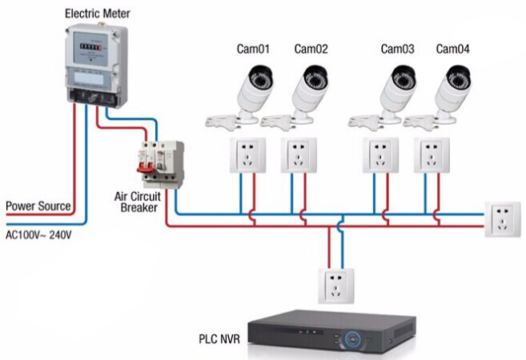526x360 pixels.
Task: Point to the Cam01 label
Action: (253, 50)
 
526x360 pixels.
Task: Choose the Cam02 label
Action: (311, 50)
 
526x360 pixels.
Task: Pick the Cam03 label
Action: (397, 50)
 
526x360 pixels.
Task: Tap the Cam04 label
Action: (452, 50)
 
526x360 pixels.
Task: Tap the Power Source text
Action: (38, 206)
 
